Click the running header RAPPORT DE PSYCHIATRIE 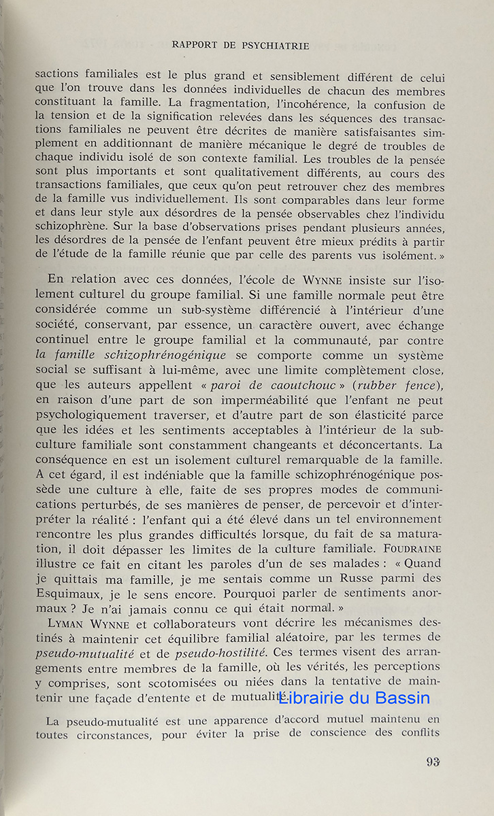(240, 46)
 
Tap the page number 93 (433, 762)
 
